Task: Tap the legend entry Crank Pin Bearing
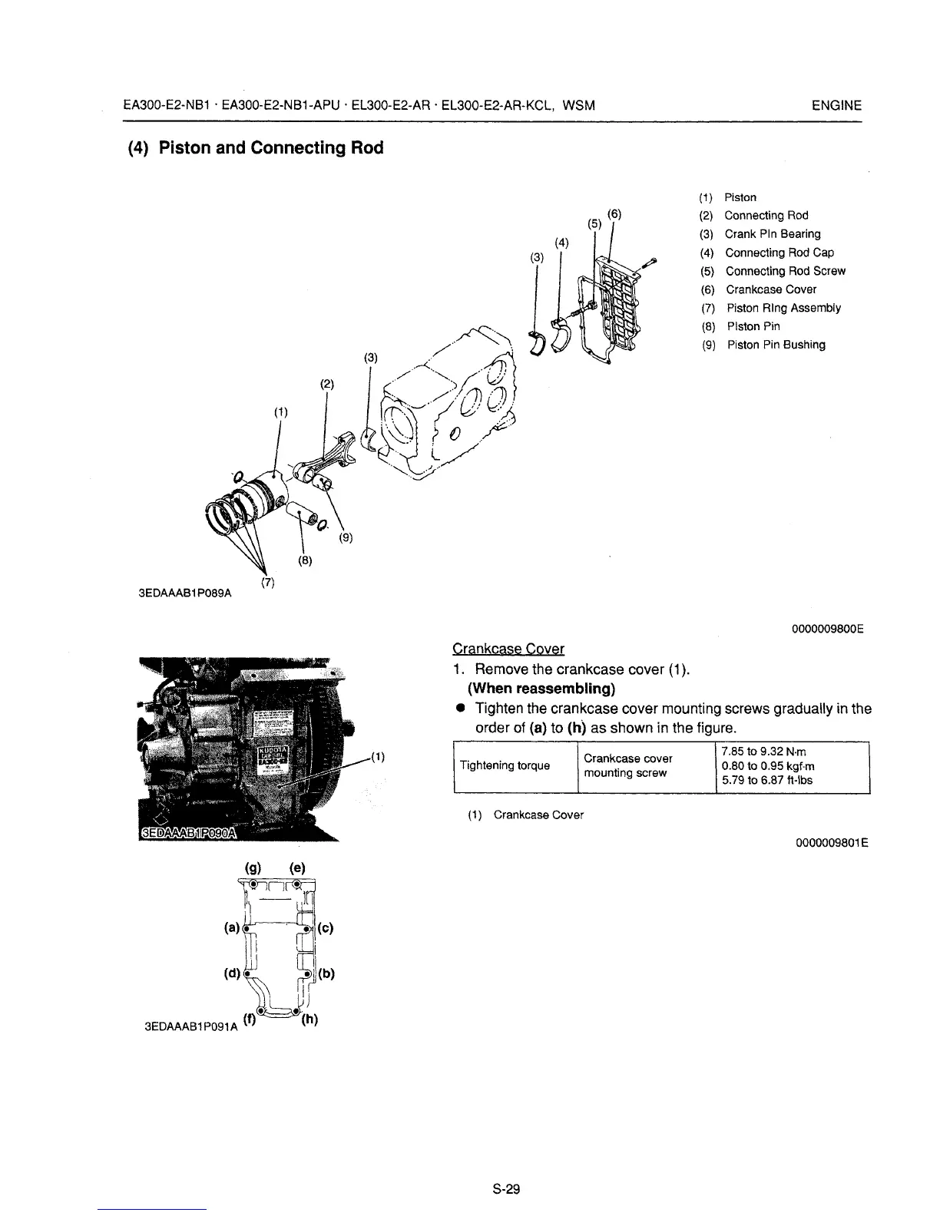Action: [772, 234]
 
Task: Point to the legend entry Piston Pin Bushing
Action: [776, 345]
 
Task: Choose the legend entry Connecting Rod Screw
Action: [785, 271]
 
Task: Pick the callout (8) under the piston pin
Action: [304, 560]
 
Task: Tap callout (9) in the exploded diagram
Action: [346, 538]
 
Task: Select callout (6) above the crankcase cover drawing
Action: [614, 214]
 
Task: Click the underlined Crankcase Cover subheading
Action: [508, 649]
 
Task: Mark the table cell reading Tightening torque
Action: [504, 765]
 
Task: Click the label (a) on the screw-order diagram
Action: [230, 927]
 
